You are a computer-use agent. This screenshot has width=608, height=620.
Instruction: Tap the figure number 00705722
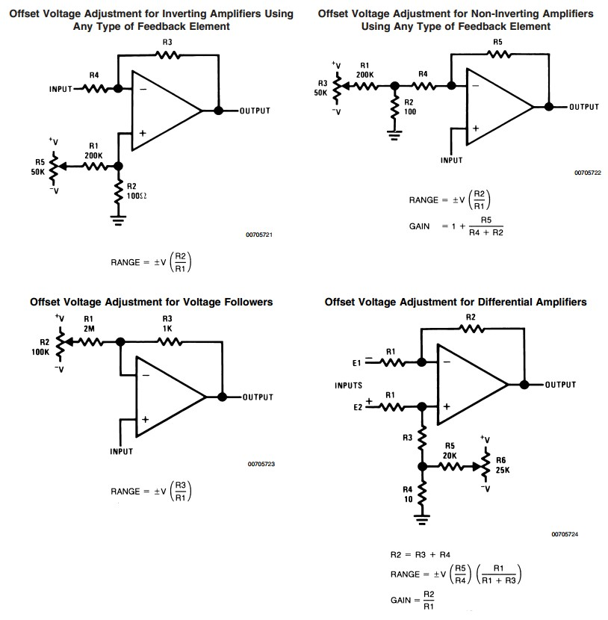(587, 173)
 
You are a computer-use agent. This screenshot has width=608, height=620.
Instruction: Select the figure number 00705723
(261, 465)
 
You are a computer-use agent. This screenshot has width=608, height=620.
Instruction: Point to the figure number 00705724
(565, 534)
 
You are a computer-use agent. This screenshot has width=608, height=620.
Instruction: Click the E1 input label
(357, 363)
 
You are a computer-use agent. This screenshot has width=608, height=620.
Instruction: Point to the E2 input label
(357, 407)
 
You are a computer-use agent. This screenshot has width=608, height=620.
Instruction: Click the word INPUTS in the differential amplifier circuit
(349, 385)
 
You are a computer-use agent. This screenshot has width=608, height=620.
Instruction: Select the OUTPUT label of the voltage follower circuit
(257, 397)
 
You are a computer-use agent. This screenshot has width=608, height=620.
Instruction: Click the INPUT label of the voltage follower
(121, 451)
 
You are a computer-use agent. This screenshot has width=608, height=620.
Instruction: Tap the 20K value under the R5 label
(450, 456)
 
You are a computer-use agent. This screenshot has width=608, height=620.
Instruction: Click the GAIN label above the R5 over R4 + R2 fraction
(420, 226)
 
